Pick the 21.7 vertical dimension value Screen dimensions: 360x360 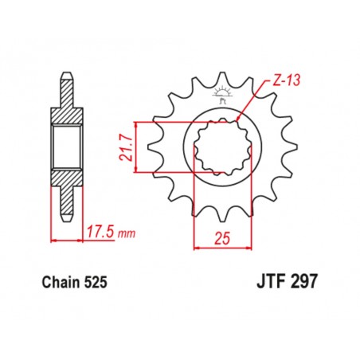click(x=127, y=146)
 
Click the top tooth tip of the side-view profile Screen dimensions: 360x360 click(x=67, y=80)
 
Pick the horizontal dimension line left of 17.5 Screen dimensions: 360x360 click(x=67, y=239)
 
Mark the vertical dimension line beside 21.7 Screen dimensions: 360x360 click(x=139, y=147)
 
